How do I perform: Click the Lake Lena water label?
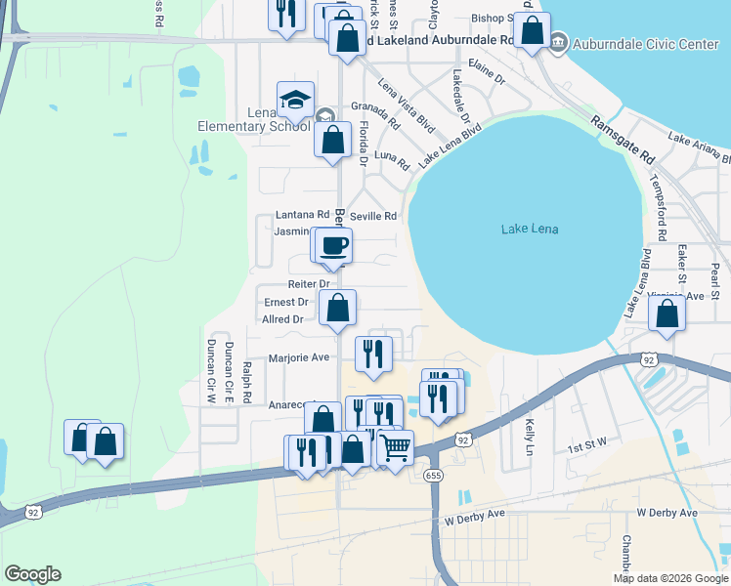(530, 229)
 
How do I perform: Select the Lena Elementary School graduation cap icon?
(295, 100)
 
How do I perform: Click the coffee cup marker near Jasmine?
(334, 245)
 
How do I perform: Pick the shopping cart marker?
(395, 448)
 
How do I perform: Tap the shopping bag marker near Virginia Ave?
(666, 314)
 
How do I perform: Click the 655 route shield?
(434, 475)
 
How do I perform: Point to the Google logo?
(32, 574)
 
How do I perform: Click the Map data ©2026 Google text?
(669, 578)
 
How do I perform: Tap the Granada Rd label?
(376, 116)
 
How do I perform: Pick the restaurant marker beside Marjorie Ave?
(372, 354)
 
